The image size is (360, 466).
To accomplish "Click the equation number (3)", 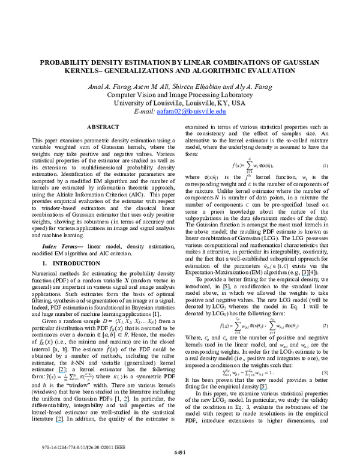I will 325,372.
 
